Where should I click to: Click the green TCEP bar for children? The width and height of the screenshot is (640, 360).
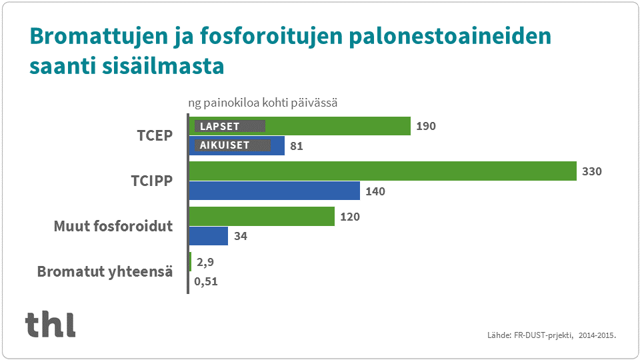[340, 126]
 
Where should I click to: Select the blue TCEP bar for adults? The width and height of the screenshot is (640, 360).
[278, 146]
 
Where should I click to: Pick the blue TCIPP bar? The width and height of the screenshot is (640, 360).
[274, 191]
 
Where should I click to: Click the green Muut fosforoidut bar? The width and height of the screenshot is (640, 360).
[261, 217]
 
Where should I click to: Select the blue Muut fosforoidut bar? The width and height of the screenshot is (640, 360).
[208, 236]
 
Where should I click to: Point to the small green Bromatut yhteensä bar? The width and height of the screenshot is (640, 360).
[190, 261]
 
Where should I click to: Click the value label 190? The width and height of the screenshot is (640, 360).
[425, 126]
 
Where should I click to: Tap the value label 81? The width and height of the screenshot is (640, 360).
[297, 146]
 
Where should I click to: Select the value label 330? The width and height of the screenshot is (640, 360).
[591, 171]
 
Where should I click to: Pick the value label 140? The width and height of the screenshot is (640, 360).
[375, 191]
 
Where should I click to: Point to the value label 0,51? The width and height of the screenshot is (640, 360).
[206, 281]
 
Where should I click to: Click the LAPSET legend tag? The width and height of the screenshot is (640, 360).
[229, 126]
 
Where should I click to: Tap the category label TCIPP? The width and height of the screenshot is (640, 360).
[151, 181]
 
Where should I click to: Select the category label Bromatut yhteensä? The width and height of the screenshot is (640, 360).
[105, 272]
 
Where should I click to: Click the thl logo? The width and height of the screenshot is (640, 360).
[51, 324]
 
